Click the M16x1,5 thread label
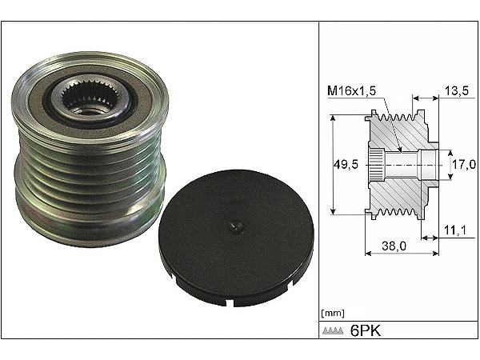[351, 90]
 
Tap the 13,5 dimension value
[457, 90]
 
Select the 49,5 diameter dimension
[346, 165]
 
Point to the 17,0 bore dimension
[464, 165]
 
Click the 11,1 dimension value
[455, 230]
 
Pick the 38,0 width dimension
[394, 246]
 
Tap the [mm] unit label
[333, 313]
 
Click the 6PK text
[366, 330]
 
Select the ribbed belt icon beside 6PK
[333, 331]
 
